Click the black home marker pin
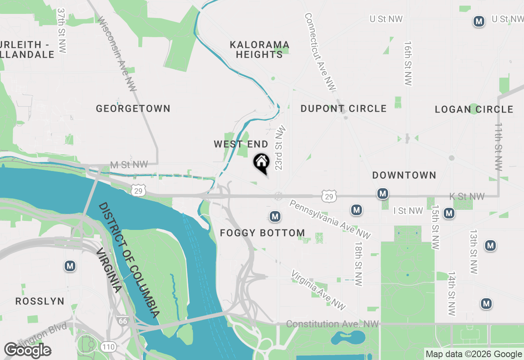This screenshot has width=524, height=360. click(x=261, y=163)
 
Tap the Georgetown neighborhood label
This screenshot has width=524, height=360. click(x=133, y=108)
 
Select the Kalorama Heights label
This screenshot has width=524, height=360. click(x=260, y=49)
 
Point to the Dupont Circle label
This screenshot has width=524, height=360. click(x=343, y=108)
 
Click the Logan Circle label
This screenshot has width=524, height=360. click(x=474, y=109)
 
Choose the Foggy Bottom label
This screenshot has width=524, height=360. click(x=262, y=233)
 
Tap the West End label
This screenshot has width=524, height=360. click(x=241, y=144)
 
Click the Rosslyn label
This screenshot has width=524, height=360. click(x=40, y=301)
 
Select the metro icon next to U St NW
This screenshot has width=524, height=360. click(x=479, y=21)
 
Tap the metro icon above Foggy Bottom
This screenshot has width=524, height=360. click(x=275, y=216)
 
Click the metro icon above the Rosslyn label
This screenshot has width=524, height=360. click(x=70, y=266)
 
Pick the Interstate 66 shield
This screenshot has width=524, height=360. click(x=122, y=320)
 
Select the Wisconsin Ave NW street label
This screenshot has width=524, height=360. click(x=117, y=53)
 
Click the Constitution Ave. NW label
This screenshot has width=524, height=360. click(x=332, y=324)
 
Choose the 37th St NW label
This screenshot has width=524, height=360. click(x=61, y=31)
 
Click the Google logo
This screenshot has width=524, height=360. click(x=27, y=350)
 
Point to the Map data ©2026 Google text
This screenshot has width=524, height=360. click(x=474, y=354)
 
